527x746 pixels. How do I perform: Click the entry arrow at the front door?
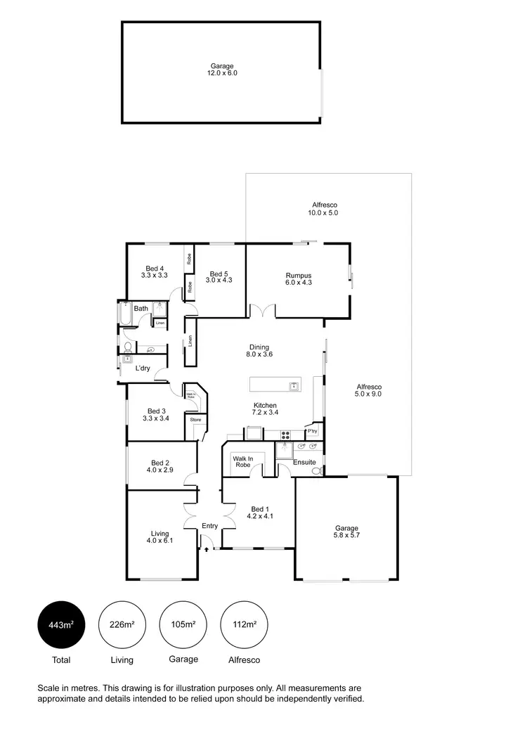pyautogui.click(x=206, y=549)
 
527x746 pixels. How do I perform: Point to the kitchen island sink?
pyautogui.click(x=293, y=385)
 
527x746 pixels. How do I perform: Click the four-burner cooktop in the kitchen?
pyautogui.click(x=285, y=434)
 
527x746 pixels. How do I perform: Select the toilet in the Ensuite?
pyautogui.click(x=316, y=470)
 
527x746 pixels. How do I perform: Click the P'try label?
pyautogui.click(x=313, y=431)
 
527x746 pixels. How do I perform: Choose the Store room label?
pyautogui.click(x=195, y=420)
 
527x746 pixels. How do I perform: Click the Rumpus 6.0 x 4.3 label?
pyautogui.click(x=298, y=278)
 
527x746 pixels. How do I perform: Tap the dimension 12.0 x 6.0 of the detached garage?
pyautogui.click(x=222, y=72)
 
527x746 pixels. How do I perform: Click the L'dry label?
pyautogui.click(x=142, y=368)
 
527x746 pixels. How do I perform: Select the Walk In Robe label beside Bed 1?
pyautogui.click(x=243, y=461)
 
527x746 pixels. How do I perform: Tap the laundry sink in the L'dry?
pyautogui.click(x=127, y=359)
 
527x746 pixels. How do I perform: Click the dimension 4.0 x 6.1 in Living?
pyautogui.click(x=160, y=541)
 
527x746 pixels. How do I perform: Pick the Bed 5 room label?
pyautogui.click(x=218, y=277)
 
